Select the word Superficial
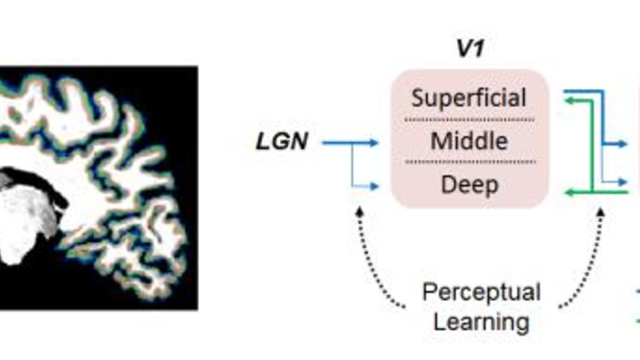click(469, 98)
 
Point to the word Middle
click(469, 142)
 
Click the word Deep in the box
click(469, 185)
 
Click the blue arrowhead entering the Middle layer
click(374, 143)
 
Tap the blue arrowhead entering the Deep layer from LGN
click(374, 186)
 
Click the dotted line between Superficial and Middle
click(469, 120)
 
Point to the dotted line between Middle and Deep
click(469, 163)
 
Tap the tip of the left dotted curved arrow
click(359, 210)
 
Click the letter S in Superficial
click(417, 98)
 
